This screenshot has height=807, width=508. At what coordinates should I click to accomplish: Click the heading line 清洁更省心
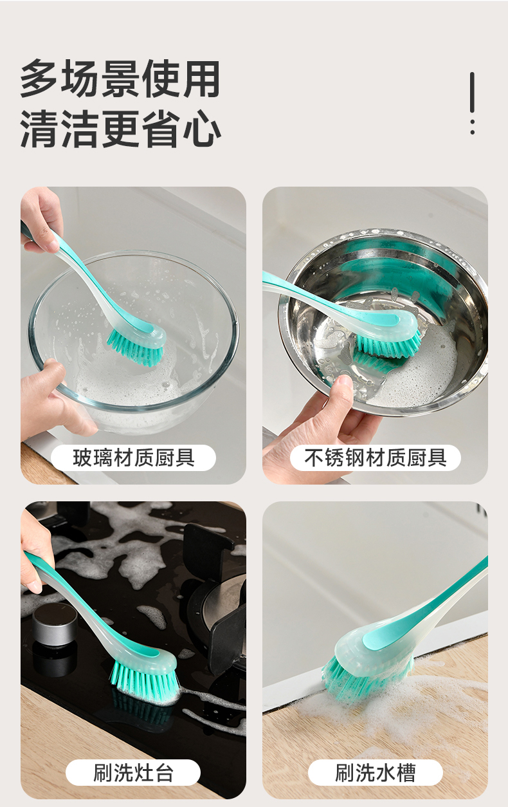tap(120, 128)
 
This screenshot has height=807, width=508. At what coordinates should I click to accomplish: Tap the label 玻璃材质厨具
tap(134, 458)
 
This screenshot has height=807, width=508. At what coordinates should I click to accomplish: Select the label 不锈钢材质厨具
tap(375, 458)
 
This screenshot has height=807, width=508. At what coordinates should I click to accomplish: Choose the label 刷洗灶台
tap(133, 772)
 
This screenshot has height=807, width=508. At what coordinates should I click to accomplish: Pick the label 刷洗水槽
tap(375, 772)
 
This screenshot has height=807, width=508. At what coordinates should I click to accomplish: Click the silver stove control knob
tap(55, 624)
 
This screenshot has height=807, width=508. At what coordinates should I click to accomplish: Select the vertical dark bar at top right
tap(472, 93)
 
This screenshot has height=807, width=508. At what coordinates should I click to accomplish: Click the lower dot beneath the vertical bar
tap(473, 132)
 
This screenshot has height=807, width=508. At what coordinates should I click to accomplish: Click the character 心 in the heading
tap(202, 128)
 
